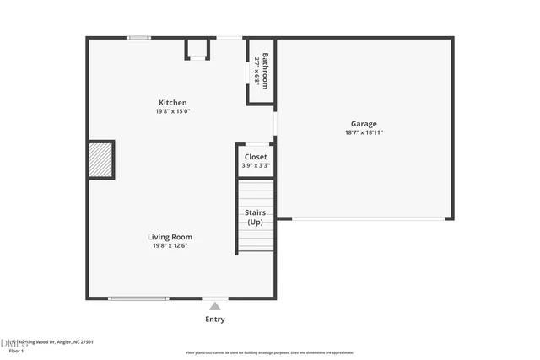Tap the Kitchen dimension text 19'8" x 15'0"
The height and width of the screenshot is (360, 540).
(x=173, y=111)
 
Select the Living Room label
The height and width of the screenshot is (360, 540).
(x=170, y=237)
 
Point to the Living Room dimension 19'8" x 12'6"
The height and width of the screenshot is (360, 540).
(x=170, y=246)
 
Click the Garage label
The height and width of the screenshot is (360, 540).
(x=364, y=124)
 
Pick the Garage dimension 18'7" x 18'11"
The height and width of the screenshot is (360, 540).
(x=364, y=132)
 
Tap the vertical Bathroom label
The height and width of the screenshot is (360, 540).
(x=265, y=71)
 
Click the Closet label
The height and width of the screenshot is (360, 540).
(x=256, y=157)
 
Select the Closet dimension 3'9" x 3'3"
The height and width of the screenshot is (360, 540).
(x=256, y=165)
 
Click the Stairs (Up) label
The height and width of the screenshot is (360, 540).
(x=255, y=218)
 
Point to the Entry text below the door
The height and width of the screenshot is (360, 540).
(x=215, y=320)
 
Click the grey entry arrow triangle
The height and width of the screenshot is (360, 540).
(x=215, y=306)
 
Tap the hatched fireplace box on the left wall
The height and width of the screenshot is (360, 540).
(x=100, y=160)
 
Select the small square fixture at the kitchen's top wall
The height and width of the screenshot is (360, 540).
(x=197, y=49)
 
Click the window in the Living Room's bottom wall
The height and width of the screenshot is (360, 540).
(x=138, y=298)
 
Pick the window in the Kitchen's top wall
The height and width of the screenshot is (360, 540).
(x=138, y=37)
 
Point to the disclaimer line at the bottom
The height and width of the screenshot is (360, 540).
(x=270, y=353)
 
